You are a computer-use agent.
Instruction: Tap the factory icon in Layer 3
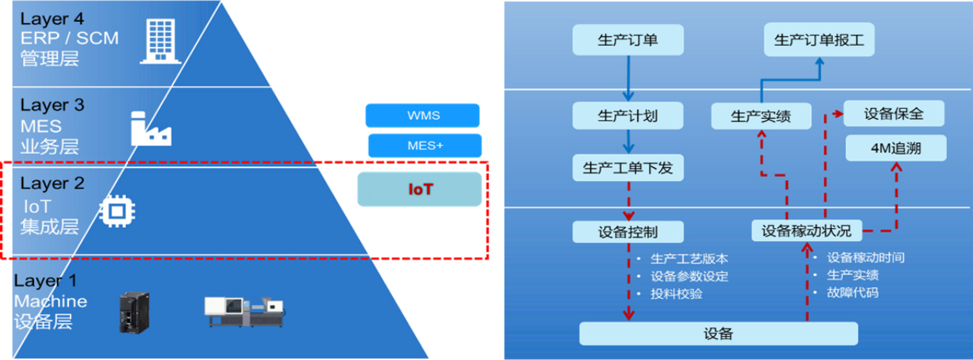pos(149,128)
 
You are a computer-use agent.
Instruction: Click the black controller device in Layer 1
pos(134,312)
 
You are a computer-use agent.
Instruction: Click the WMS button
pos(423,115)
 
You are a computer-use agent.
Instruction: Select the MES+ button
pos(425,145)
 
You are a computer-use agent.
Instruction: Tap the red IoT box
pos(420,189)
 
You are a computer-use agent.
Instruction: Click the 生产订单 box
pos(627,40)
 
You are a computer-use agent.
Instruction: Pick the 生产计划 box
pos(627,115)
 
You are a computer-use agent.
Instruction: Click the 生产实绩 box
pos(760,116)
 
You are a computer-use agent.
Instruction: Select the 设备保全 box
pos(893,114)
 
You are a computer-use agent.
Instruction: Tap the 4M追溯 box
pos(896,148)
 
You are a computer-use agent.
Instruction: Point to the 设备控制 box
pos(628,232)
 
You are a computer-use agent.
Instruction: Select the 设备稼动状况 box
pos(806,231)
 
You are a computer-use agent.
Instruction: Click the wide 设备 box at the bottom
pos(718,334)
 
